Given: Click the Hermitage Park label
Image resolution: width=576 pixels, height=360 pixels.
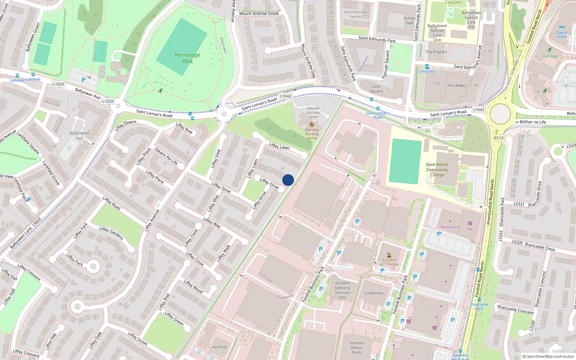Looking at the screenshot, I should (x=187, y=58).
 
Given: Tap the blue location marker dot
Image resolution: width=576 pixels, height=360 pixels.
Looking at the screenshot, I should (x=288, y=180).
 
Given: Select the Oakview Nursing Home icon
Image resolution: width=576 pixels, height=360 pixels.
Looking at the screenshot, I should (x=312, y=124).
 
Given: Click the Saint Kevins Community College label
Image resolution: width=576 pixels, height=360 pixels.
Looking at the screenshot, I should (x=437, y=170).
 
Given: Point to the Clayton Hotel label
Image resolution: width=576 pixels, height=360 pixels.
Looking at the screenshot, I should (x=562, y=35).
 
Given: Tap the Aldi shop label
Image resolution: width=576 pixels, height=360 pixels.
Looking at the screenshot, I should (x=470, y=229).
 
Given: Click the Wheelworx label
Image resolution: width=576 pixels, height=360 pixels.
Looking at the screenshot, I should (x=450, y=227).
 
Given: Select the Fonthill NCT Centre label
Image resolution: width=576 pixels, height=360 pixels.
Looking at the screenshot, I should (x=389, y=262).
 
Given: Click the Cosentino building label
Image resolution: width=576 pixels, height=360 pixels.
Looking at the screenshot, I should (x=374, y=293).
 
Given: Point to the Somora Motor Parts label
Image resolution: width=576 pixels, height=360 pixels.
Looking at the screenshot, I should (x=356, y=348).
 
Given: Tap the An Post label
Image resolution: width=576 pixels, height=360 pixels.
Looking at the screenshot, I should (x=220, y=347).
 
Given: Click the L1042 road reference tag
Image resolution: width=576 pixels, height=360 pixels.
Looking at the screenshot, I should (x=285, y=96).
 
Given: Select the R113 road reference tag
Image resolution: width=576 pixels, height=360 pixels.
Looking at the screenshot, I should (x=499, y=138).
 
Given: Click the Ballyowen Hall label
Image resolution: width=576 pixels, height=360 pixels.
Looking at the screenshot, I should (x=79, y=135).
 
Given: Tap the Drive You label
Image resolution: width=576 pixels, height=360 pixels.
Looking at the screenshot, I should (x=427, y=71).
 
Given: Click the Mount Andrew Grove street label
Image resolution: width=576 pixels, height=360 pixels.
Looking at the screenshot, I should (x=259, y=13).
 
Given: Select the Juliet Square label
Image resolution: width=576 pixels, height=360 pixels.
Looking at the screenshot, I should (x=376, y=89).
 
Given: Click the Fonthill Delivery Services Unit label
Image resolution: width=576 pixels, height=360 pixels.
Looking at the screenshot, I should (x=342, y=290).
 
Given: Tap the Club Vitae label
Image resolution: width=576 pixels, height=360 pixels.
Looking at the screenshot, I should (x=549, y=56).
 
